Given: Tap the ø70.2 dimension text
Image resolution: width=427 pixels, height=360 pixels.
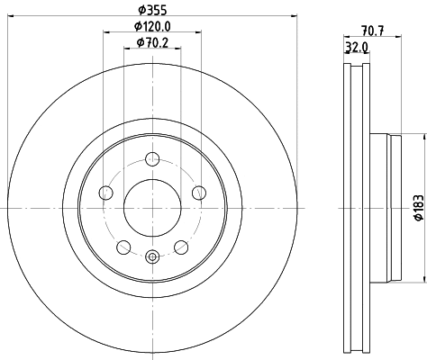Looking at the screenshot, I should (x=151, y=42).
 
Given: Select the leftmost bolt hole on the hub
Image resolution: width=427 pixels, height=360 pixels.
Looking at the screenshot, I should (x=105, y=193).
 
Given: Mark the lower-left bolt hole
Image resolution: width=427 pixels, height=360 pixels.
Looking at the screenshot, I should (x=123, y=246).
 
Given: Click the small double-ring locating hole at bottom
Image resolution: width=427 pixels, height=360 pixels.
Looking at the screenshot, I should (x=151, y=257).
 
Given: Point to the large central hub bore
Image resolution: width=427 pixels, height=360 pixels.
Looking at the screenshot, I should (x=151, y=208).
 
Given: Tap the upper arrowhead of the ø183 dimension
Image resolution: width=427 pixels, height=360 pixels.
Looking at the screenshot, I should (x=422, y=138).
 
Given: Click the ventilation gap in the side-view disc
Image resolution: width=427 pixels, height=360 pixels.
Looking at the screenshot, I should (x=358, y=208).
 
